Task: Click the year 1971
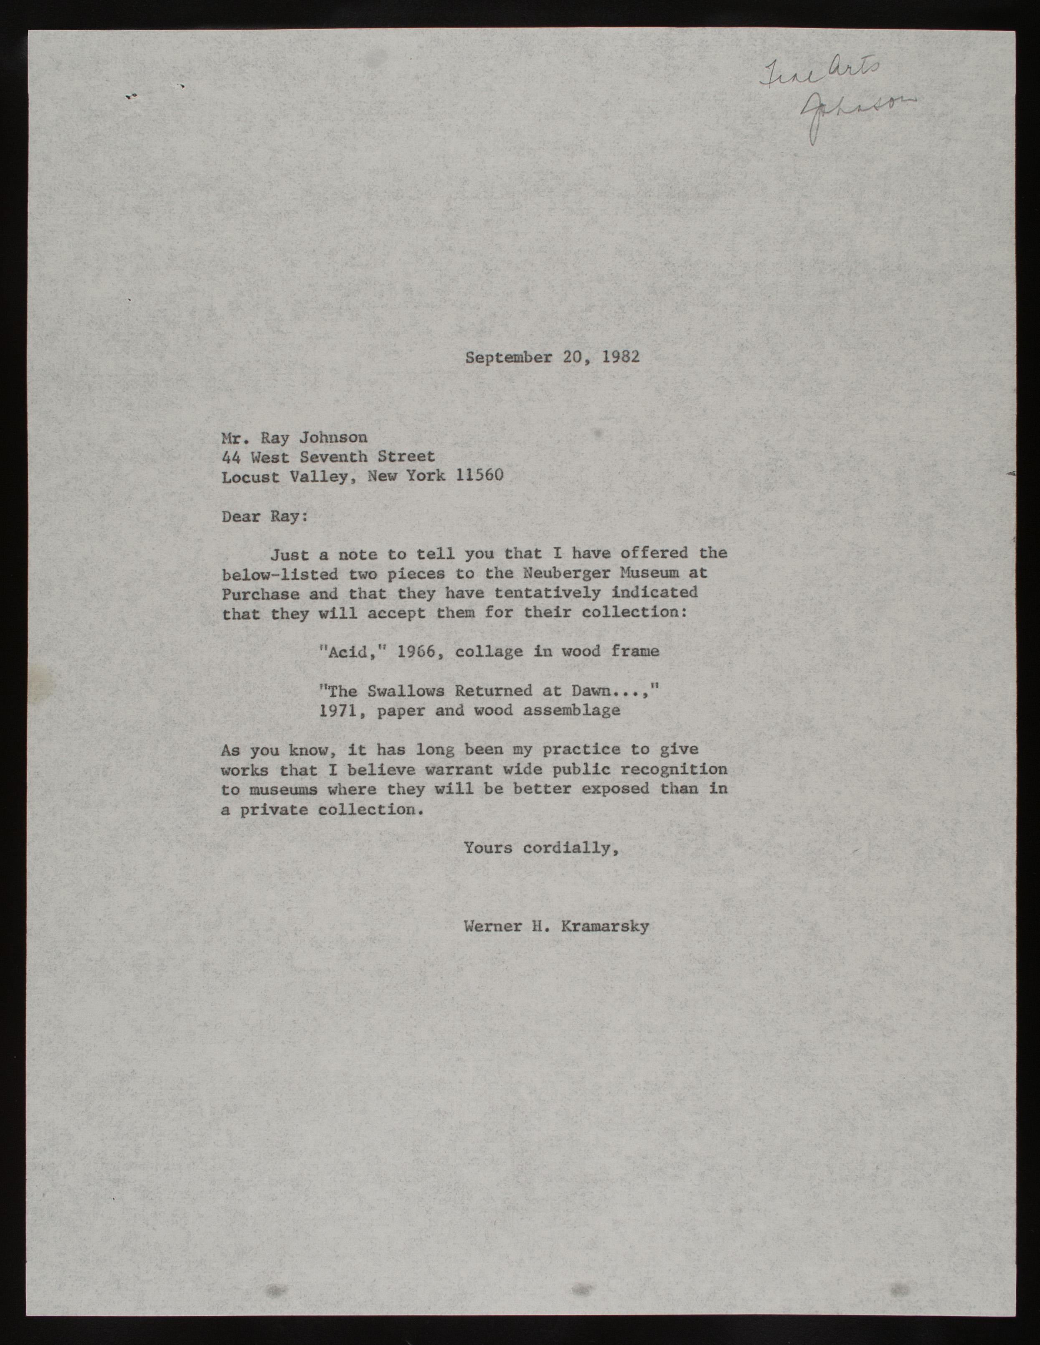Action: tap(339, 710)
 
